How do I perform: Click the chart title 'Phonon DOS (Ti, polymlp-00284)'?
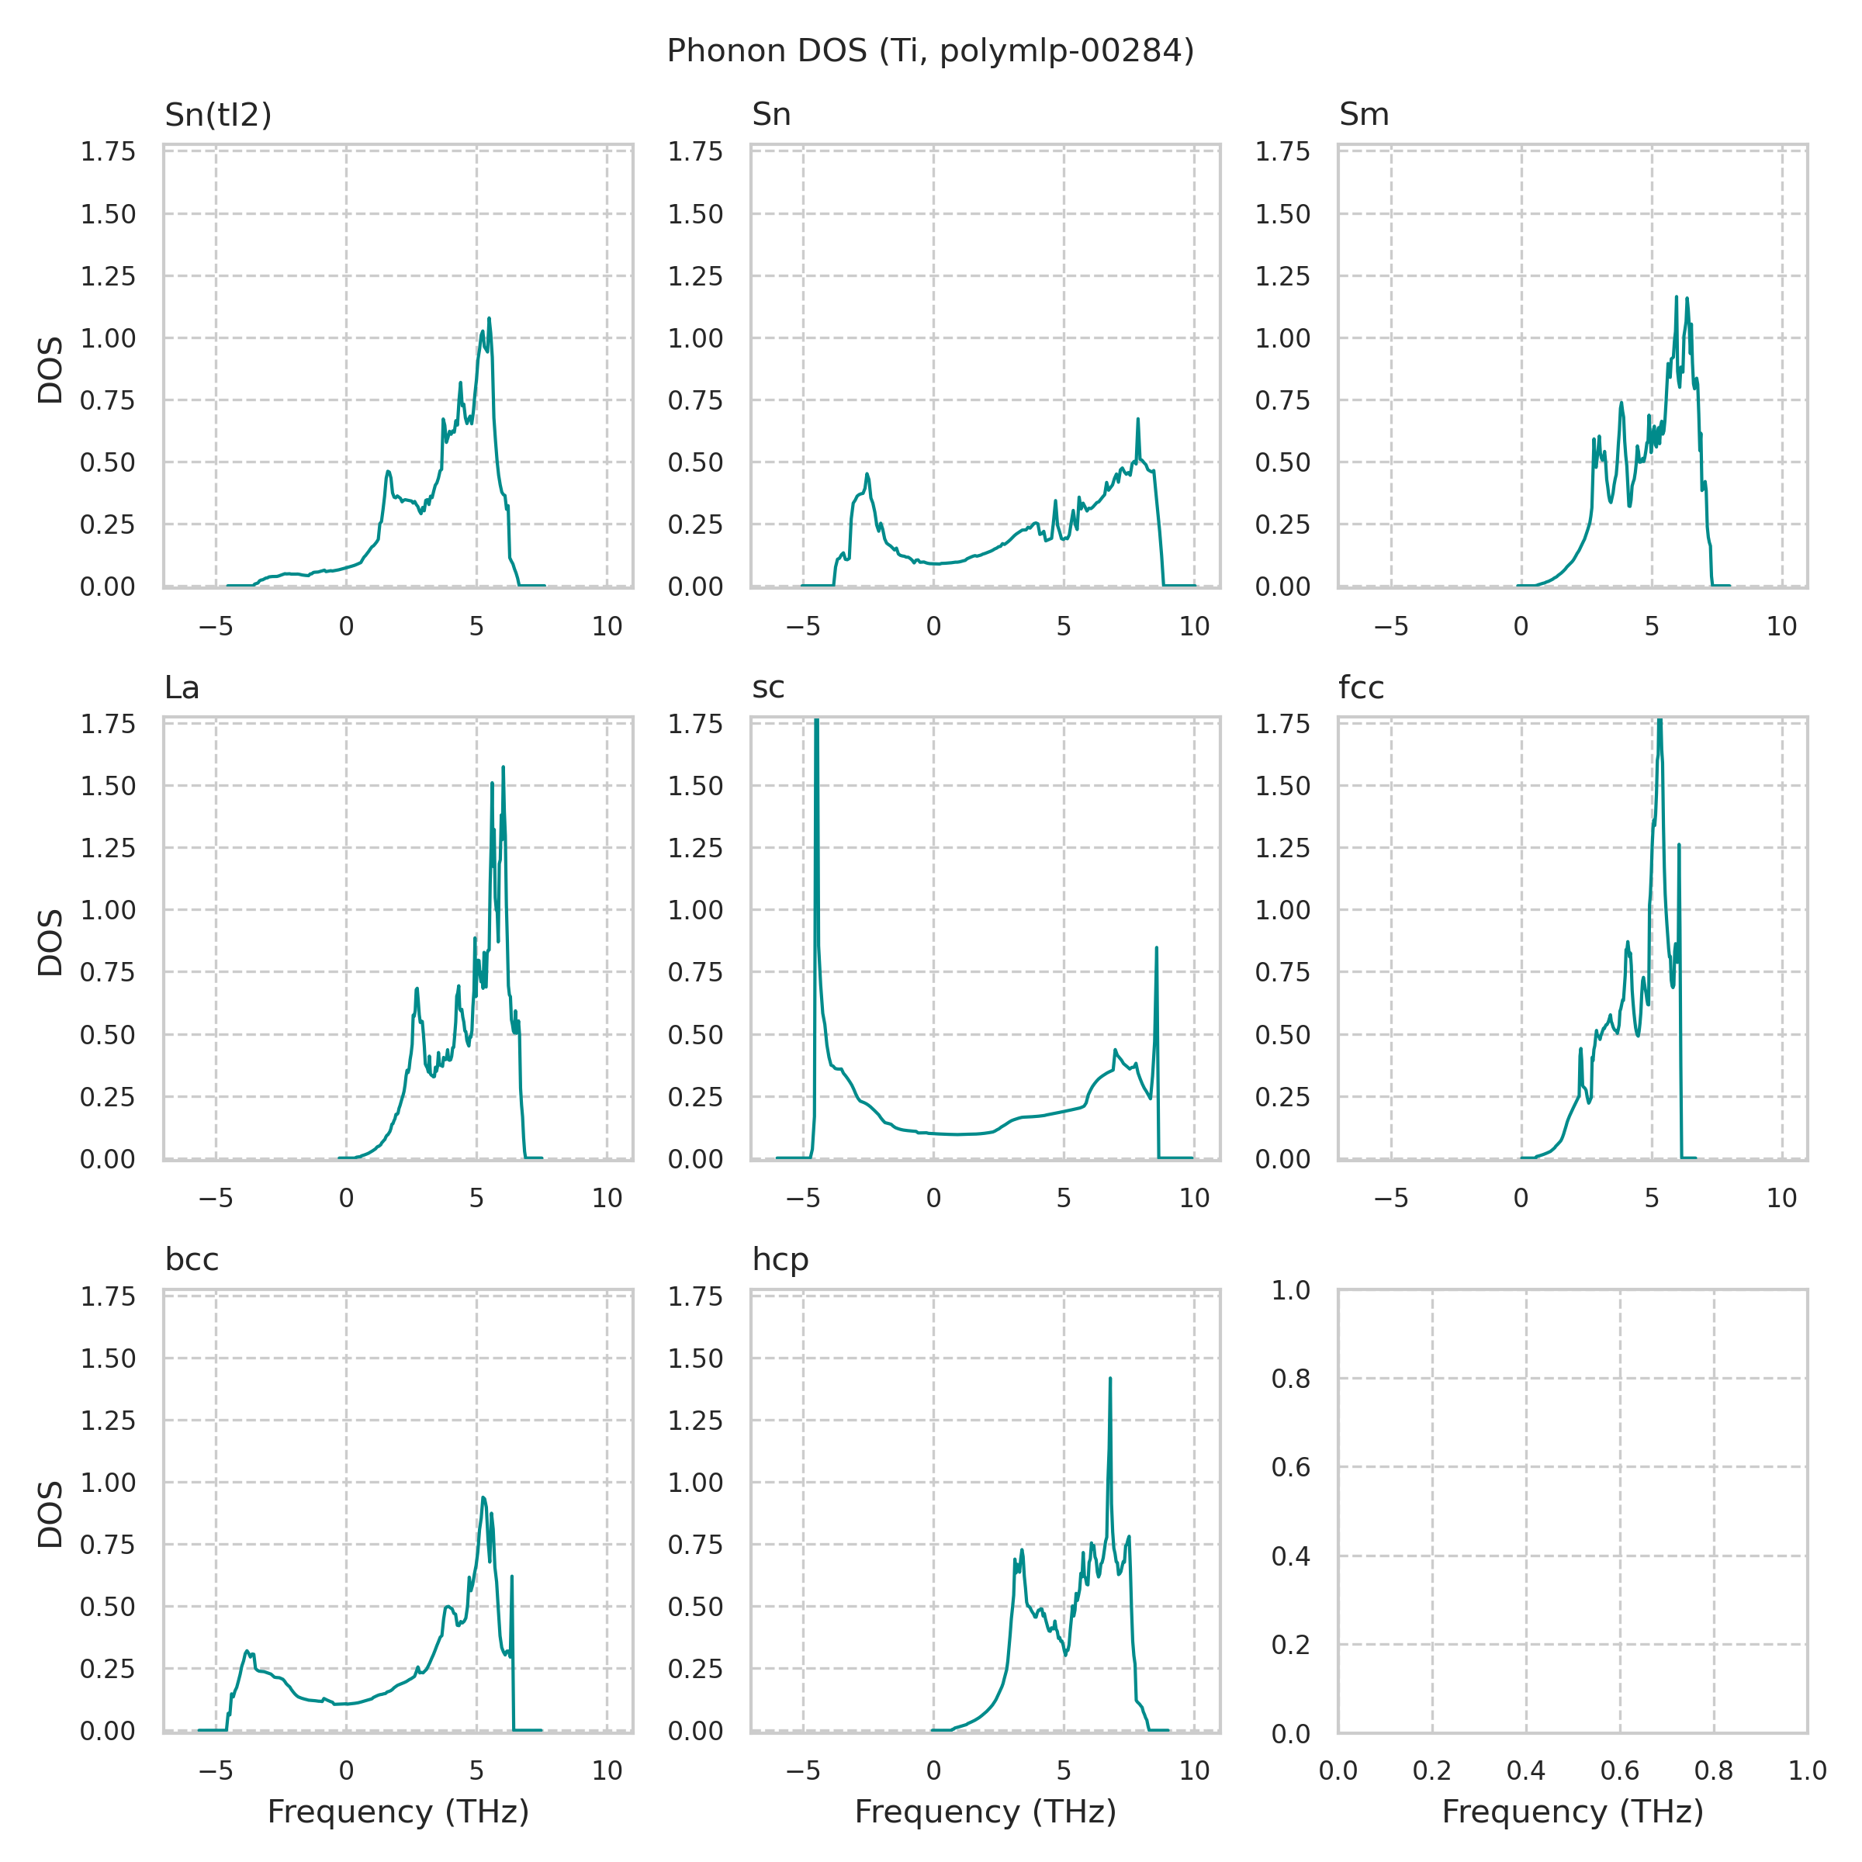(930, 50)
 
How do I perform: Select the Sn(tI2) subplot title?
(218, 115)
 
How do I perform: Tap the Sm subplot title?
(1364, 115)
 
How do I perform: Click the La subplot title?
(182, 687)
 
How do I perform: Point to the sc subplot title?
(768, 687)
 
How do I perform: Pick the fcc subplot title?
(1361, 687)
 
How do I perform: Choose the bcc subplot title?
(192, 1260)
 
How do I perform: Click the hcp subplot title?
(780, 1260)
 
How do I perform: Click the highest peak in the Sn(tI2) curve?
(489, 319)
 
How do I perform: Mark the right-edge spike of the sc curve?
(1157, 948)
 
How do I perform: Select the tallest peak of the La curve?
(503, 768)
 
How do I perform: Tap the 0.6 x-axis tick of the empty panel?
(1619, 1770)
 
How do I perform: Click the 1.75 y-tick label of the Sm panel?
(1282, 151)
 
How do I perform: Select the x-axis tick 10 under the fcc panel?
(1781, 1199)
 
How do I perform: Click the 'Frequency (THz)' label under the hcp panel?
(985, 1812)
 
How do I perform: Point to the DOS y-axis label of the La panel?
(50, 942)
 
